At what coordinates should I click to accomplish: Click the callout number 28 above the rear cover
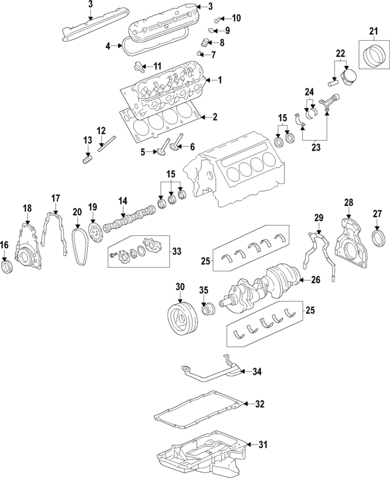coord(349,202)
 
